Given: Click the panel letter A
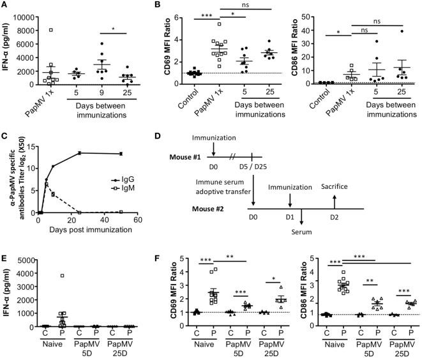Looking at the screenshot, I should [x=5, y=6].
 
